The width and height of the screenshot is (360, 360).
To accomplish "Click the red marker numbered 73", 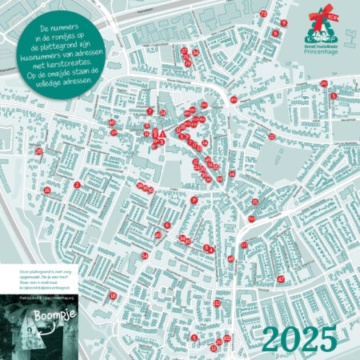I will [263, 14].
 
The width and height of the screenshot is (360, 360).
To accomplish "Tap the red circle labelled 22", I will [272, 137].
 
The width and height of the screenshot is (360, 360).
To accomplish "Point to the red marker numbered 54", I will [145, 255].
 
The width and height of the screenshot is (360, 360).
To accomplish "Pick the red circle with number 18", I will [113, 295].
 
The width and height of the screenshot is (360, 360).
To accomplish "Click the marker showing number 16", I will [47, 190].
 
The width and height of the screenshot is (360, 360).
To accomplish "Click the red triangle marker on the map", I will [162, 133].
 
